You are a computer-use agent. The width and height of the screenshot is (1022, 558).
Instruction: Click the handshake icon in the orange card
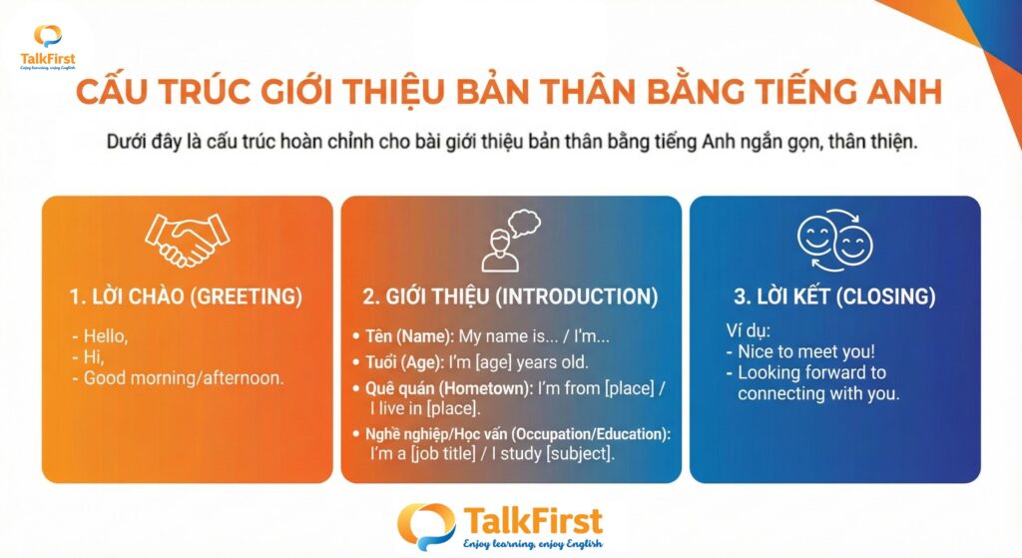point(187,240)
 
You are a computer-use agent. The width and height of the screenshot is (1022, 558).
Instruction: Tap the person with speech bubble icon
point(511,240)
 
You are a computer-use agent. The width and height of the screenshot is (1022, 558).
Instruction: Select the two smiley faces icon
point(835,240)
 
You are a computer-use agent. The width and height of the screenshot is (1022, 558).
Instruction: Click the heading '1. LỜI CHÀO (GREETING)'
point(186,296)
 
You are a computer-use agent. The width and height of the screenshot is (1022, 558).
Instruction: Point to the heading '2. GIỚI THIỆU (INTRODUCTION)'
point(510,296)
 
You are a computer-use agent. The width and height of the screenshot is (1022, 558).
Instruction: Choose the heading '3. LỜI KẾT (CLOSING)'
point(835,296)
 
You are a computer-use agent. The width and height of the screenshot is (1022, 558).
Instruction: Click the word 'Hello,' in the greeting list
point(106,336)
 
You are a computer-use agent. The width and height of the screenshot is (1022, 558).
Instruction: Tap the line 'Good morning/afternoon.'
point(184,378)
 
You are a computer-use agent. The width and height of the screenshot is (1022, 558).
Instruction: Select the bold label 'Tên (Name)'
point(408,336)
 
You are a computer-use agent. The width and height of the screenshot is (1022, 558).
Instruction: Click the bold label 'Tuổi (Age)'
point(404,362)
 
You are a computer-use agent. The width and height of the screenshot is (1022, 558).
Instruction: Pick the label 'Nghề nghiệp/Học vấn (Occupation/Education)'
point(518,434)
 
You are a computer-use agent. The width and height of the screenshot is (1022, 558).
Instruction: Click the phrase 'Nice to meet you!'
point(806,352)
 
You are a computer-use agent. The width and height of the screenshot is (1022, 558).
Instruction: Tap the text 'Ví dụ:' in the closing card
point(749,330)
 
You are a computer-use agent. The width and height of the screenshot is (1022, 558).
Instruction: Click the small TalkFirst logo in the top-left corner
point(48,47)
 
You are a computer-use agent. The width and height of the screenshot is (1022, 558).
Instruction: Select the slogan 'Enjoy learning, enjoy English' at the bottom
point(533,544)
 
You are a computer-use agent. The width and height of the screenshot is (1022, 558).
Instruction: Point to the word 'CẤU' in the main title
point(114,91)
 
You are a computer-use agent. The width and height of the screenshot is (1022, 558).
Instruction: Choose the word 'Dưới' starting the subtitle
point(127,142)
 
